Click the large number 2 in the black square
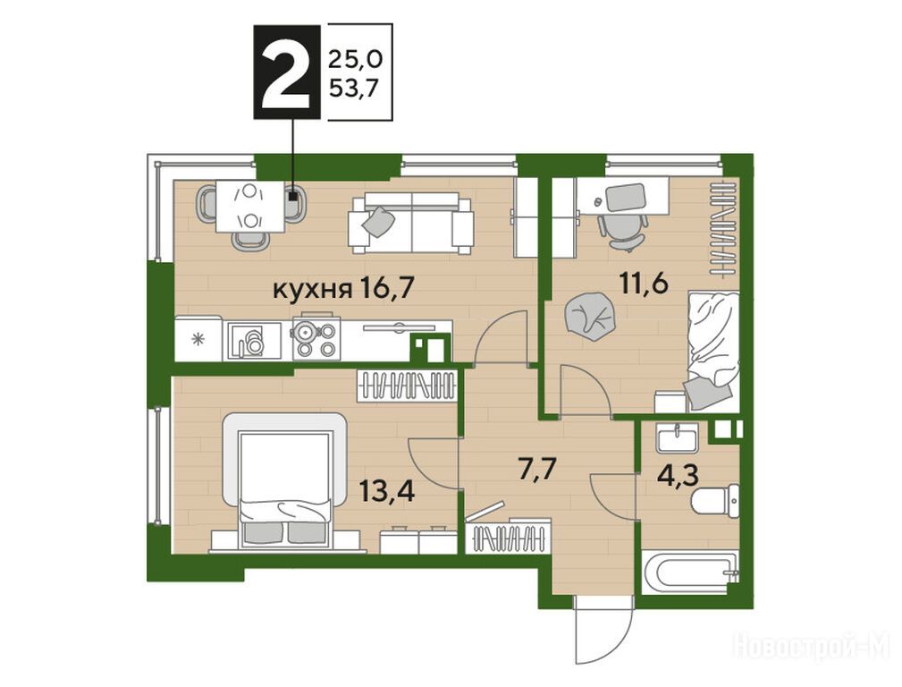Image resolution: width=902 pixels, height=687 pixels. pos(286,73)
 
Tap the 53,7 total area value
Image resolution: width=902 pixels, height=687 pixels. pos(355,88)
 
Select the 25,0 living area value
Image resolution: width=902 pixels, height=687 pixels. pos(355,58)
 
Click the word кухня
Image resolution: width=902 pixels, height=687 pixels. pos(312,290)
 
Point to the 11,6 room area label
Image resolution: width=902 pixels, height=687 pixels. pos(644,283)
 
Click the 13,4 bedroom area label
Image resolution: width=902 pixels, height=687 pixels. pos(386,491)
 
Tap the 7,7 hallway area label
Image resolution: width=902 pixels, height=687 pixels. pos(536,470)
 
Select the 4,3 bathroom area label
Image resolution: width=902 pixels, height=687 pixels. pos(679,476)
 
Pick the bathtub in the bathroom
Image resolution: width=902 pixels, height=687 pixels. pos(689,572)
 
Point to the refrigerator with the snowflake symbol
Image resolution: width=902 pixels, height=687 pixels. pos(198,339)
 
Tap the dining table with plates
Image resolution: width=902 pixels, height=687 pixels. pos(250,207)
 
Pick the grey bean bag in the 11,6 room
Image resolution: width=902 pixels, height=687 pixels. pos(588,316)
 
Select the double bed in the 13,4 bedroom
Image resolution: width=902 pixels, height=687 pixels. pos(285,481)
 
